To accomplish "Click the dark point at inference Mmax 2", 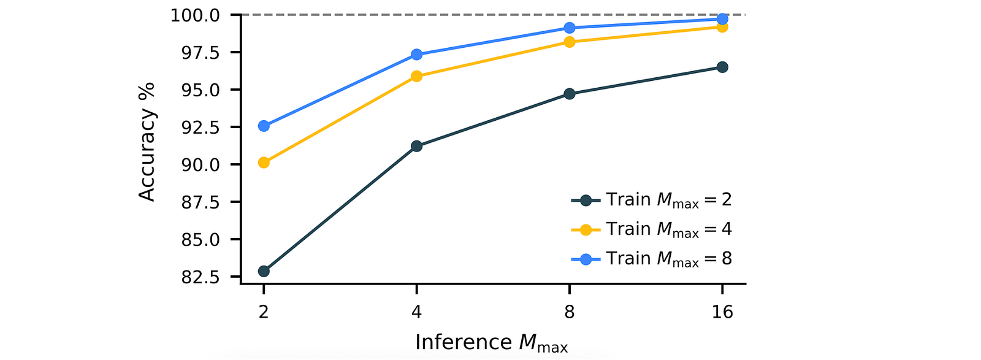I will [x=264, y=271].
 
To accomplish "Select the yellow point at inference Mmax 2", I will [x=264, y=163].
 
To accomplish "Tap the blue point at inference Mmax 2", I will [x=264, y=126].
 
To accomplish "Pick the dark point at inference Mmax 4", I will [x=416, y=146].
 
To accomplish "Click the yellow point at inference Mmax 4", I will [x=416, y=76].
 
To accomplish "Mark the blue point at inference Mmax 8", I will [x=570, y=28].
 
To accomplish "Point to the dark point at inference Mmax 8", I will [x=570, y=94].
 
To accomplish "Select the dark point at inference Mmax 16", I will [x=722, y=67].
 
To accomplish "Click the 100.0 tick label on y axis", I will [x=194, y=15].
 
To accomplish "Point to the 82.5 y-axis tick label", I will [x=200, y=277].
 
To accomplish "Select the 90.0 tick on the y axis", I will [x=200, y=165].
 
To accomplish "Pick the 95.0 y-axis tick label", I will [x=200, y=90].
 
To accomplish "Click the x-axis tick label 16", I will [x=722, y=312].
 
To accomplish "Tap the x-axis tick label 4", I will [x=416, y=312].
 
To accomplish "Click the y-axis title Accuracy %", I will [x=147, y=142].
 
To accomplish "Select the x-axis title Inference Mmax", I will [x=491, y=343].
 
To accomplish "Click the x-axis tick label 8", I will [x=570, y=312].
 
